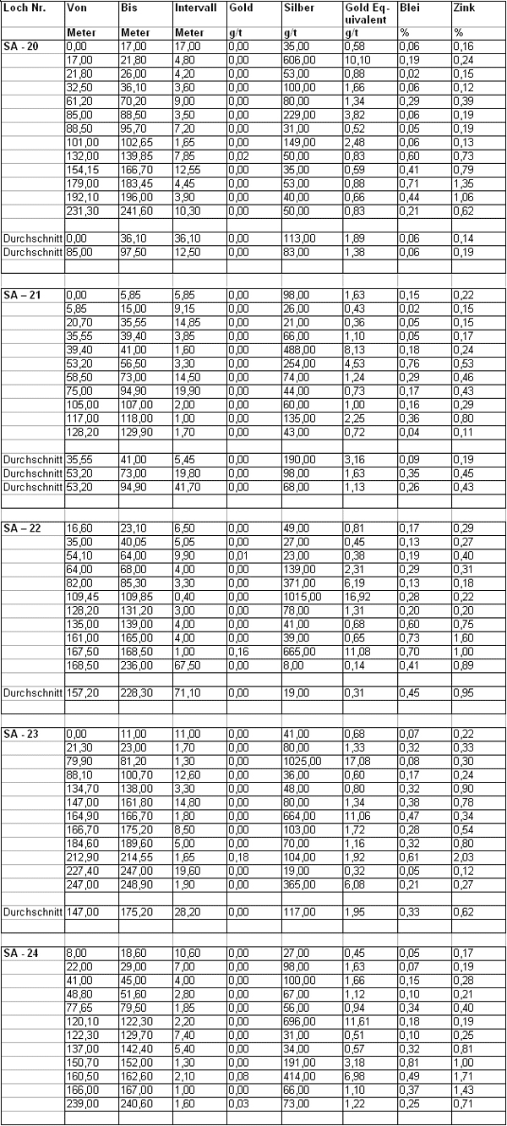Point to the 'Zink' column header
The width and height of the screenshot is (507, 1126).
pos(464,6)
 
